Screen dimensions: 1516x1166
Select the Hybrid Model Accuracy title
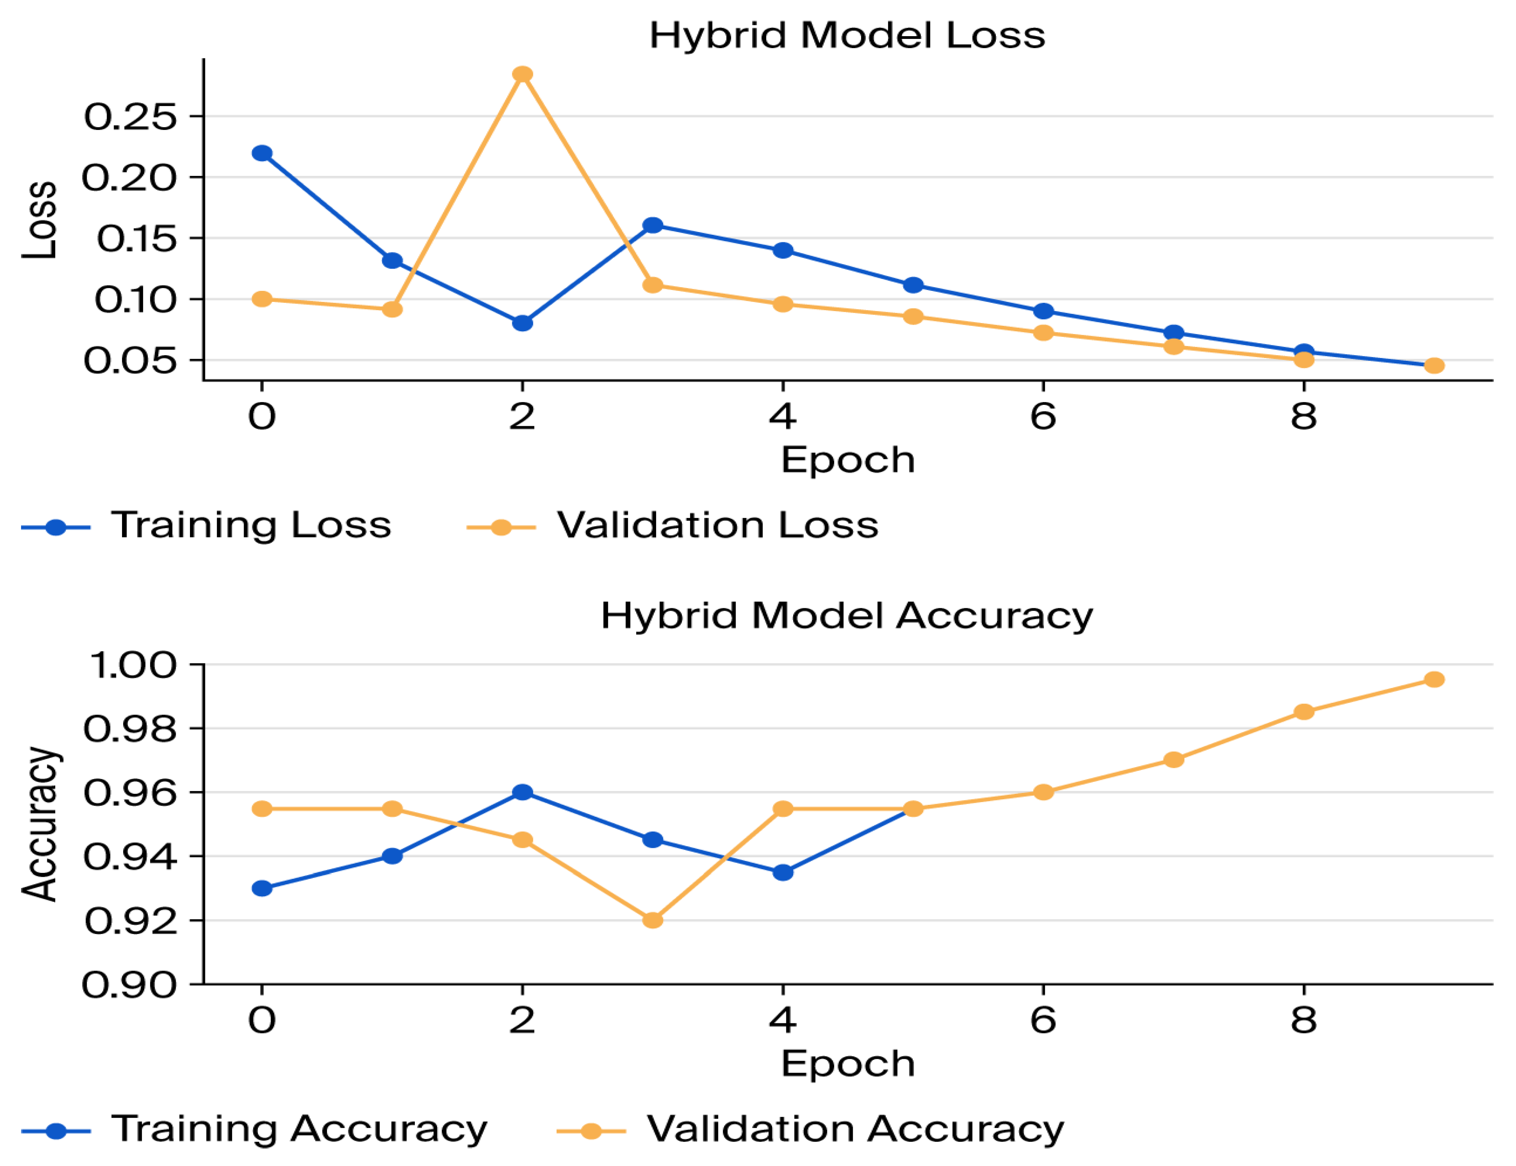847,616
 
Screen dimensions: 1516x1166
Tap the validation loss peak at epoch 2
522,74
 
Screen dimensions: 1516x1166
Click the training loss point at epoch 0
262,153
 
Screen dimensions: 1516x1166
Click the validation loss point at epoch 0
262,299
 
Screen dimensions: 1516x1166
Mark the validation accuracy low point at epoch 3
652,920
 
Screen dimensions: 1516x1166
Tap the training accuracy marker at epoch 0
262,888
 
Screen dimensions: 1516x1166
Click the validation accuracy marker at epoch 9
1434,679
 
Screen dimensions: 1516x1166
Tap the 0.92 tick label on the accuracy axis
130,921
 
